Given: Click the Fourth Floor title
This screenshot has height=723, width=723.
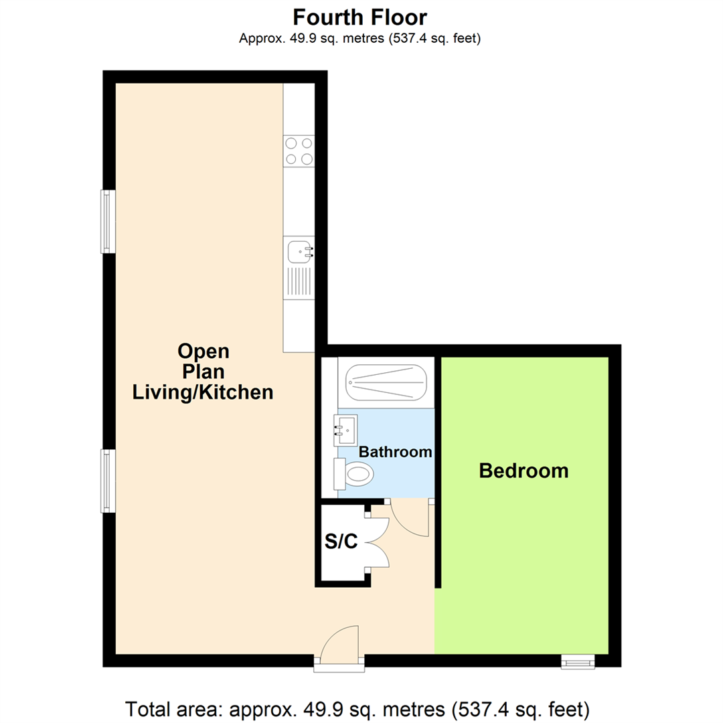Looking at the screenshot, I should click(361, 16).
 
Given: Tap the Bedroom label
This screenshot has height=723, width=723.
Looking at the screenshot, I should click(524, 471).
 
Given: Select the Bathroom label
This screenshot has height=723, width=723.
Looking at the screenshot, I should click(395, 452).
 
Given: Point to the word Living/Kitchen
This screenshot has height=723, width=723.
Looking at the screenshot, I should click(203, 392).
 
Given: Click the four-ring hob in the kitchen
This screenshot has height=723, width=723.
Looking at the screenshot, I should click(299, 151).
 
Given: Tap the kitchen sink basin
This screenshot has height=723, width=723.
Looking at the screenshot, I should click(297, 252).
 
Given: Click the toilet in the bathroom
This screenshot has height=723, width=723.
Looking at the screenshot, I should click(354, 475).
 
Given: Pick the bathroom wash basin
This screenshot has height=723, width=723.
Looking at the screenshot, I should click(346, 428).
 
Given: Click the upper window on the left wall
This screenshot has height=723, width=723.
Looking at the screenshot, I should click(108, 222).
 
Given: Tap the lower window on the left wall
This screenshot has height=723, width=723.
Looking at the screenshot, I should click(108, 481).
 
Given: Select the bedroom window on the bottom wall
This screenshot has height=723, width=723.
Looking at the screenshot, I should click(577, 662).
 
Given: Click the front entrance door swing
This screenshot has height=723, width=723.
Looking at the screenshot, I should click(340, 645).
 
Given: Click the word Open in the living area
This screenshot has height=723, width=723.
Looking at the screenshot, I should click(203, 350).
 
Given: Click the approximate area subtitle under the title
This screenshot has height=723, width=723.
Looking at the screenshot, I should click(361, 39).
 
